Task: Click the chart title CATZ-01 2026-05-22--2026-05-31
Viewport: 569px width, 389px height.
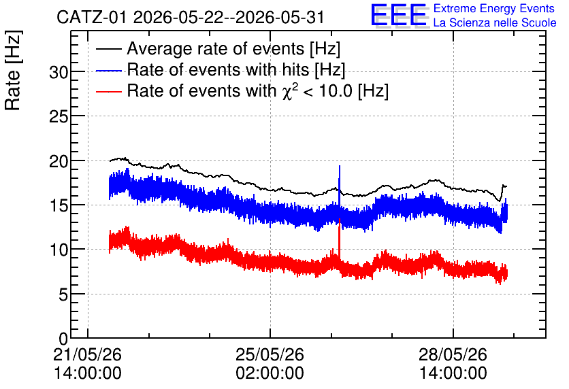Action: tap(190, 17)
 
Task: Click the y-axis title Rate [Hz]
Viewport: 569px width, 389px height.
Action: tap(13, 70)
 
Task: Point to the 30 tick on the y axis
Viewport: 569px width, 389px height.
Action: tap(59, 73)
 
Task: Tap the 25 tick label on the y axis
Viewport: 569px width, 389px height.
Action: tap(59, 117)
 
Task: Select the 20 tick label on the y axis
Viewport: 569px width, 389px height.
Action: tap(59, 161)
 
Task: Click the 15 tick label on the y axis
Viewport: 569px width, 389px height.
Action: tap(59, 206)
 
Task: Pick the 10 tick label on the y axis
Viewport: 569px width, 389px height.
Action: tap(59, 250)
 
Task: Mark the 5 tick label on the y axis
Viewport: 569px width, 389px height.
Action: tap(63, 294)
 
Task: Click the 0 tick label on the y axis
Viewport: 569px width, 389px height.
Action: tap(63, 339)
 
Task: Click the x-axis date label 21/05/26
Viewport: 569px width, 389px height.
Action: tap(87, 354)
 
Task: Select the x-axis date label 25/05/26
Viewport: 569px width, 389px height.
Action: tap(270, 354)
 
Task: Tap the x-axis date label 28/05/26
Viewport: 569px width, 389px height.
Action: tap(453, 354)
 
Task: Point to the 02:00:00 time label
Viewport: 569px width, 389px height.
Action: tap(270, 373)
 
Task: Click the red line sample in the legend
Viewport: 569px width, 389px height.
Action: tap(109, 91)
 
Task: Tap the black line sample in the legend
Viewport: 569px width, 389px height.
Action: tap(109, 49)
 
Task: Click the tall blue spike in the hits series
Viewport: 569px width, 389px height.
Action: tap(340, 188)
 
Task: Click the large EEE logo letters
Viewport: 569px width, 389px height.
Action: tap(399, 15)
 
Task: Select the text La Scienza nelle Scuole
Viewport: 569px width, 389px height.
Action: tap(495, 23)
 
